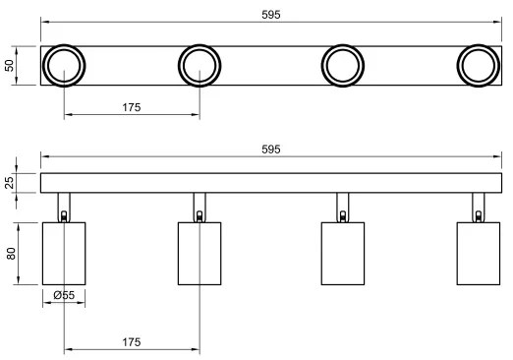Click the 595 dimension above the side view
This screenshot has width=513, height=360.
click(270, 149)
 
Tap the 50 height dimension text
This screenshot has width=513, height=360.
click(11, 66)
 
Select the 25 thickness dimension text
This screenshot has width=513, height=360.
click(11, 183)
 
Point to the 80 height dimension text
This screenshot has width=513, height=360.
click(11, 253)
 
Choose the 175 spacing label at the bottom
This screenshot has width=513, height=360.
click(132, 341)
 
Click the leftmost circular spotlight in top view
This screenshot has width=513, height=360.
click(64, 66)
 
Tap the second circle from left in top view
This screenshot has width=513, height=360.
click(200, 66)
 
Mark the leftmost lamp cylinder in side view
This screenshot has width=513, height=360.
click(64, 253)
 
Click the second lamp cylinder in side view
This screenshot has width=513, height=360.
click(199, 253)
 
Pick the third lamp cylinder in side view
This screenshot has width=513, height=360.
click(344, 253)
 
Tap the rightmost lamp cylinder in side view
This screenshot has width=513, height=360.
click(480, 253)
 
